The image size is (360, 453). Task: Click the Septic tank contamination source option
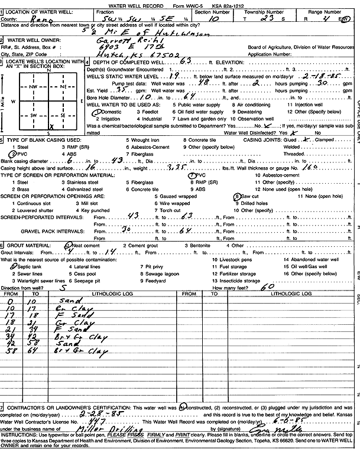point(21,266)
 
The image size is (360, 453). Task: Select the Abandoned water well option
point(311,259)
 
